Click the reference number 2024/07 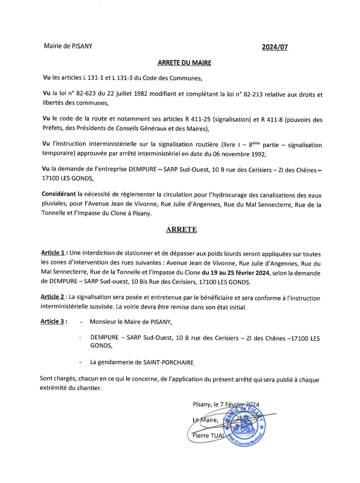[x=274, y=47]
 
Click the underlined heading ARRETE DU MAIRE [x=180, y=63]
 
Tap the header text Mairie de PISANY [x=68, y=46]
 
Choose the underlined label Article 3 [x=54, y=321]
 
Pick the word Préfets [x=55, y=128]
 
